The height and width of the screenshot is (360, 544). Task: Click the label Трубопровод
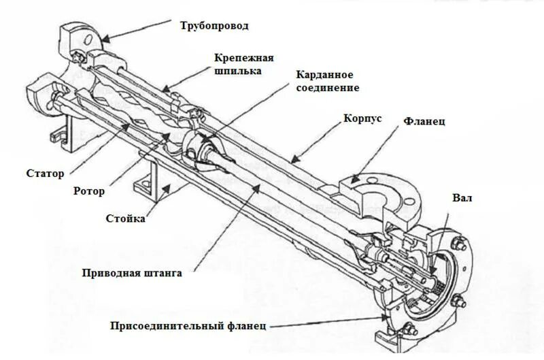pos(214,27)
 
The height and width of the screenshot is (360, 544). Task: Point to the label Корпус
pos(362,118)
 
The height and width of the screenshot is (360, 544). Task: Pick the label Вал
pos(462,199)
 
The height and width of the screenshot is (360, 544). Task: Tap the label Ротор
pos(88,191)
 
